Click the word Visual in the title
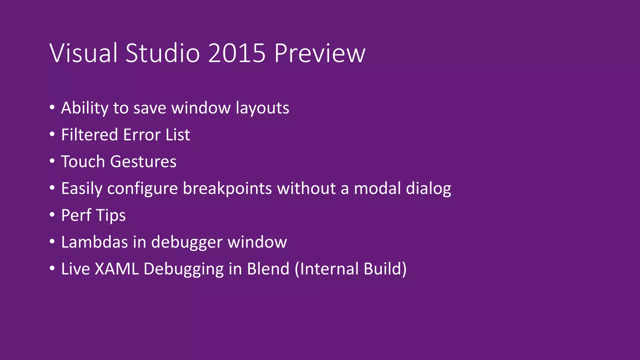click(x=83, y=53)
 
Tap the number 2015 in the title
click(x=237, y=53)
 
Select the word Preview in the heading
click(x=320, y=53)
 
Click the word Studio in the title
click(x=162, y=53)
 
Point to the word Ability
click(x=85, y=108)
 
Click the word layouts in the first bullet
click(x=262, y=108)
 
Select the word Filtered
click(x=89, y=135)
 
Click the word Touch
click(x=83, y=162)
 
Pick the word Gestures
click(x=143, y=162)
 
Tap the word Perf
click(x=76, y=215)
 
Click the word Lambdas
click(x=94, y=242)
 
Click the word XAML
click(x=117, y=269)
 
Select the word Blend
click(x=268, y=269)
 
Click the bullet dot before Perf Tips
click(x=52, y=215)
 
